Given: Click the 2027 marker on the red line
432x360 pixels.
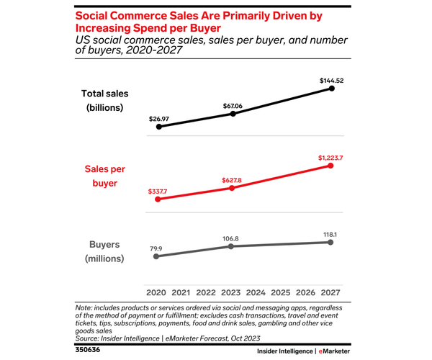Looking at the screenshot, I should coord(331,165).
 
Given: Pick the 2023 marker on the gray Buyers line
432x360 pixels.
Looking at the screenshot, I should coord(231,246).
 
